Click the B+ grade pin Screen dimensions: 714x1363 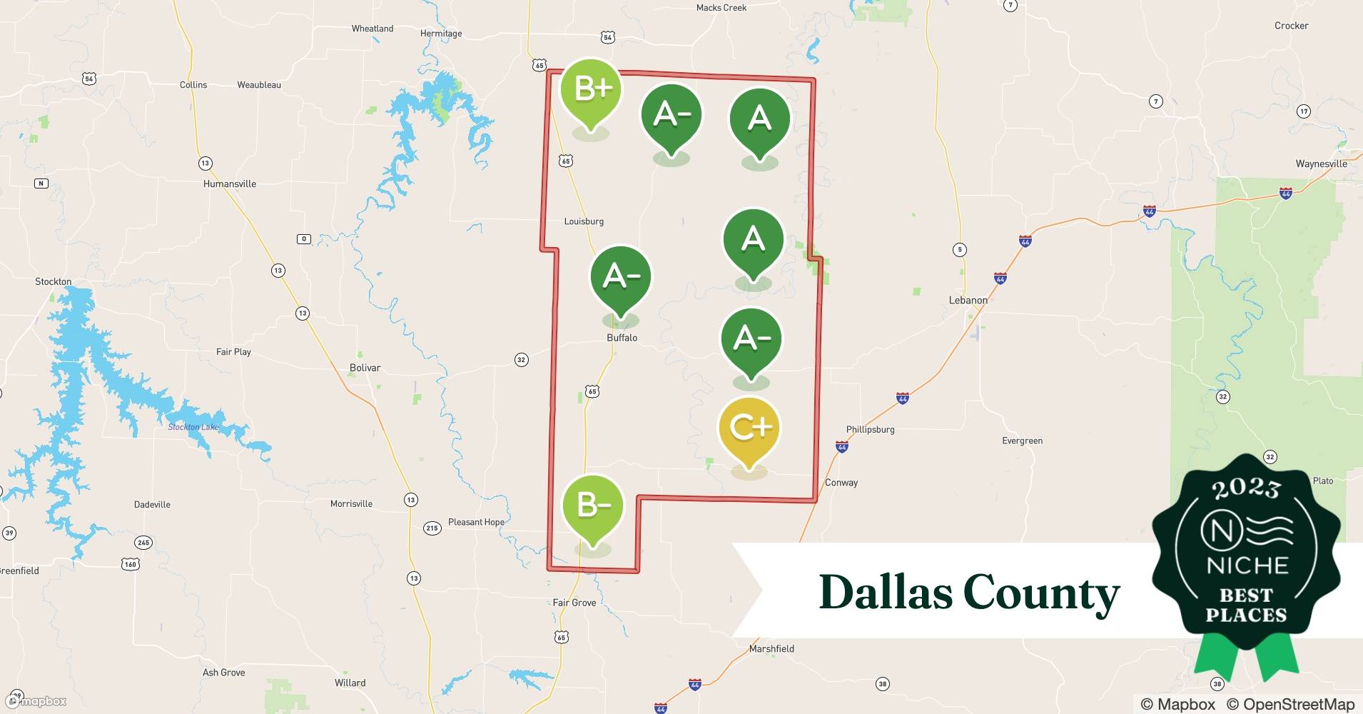pyautogui.click(x=590, y=90)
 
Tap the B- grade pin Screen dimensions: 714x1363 pyautogui.click(x=593, y=506)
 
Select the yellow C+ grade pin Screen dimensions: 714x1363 pyautogui.click(x=749, y=428)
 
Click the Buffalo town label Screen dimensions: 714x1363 pyautogui.click(x=622, y=338)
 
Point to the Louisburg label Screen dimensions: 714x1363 pyautogui.click(x=584, y=221)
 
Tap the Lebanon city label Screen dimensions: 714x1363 pyautogui.click(x=968, y=300)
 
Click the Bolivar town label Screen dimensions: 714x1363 pyautogui.click(x=365, y=368)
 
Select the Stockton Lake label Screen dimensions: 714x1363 pyautogui.click(x=193, y=427)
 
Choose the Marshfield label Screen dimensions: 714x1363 pyautogui.click(x=771, y=649)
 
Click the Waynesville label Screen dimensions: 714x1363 pyautogui.click(x=1321, y=164)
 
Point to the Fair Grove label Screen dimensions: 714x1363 pyautogui.click(x=574, y=603)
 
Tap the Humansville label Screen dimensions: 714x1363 pyautogui.click(x=229, y=183)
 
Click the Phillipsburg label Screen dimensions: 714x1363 pyautogui.click(x=870, y=429)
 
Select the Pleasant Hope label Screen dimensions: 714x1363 pyautogui.click(x=476, y=522)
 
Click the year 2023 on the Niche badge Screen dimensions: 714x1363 pyautogui.click(x=1246, y=489)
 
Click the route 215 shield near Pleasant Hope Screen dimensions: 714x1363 pyautogui.click(x=432, y=528)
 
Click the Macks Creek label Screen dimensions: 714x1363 pyautogui.click(x=721, y=8)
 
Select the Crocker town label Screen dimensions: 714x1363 pyautogui.click(x=1291, y=26)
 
